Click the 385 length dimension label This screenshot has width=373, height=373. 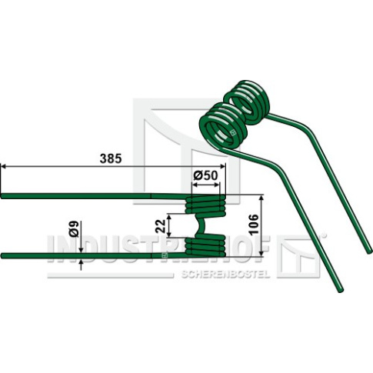point(111,158)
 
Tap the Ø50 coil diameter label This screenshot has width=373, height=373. point(205,176)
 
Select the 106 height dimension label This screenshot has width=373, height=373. point(254,225)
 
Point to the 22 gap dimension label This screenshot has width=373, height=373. point(162,225)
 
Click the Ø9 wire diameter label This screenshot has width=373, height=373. point(75,229)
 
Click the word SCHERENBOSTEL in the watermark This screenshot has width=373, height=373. point(225,275)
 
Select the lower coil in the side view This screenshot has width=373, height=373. point(205,245)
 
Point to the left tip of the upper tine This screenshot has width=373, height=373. point(2,195)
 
